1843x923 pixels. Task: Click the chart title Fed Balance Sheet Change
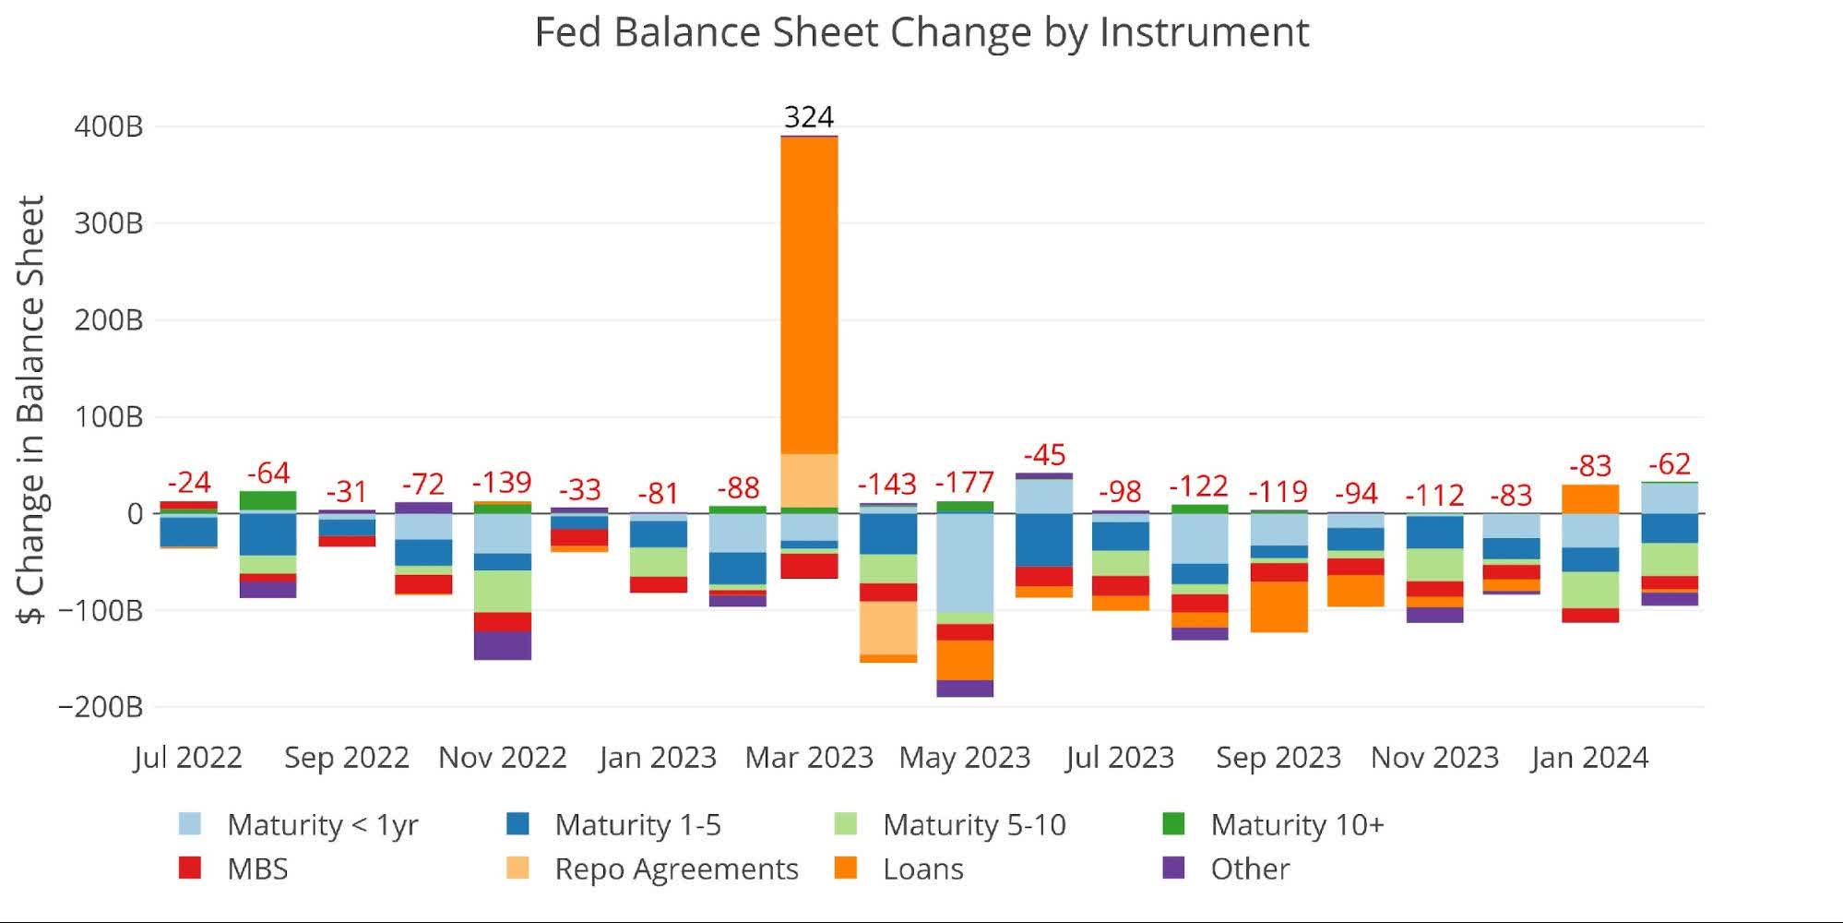coord(921,33)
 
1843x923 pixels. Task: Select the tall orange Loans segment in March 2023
coord(809,295)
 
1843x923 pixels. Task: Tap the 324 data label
coord(809,117)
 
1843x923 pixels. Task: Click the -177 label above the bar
coord(965,482)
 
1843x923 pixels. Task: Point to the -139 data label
coord(502,482)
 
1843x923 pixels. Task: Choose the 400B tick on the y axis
coord(109,126)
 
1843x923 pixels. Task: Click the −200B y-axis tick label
coord(101,707)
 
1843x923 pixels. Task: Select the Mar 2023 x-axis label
coord(809,758)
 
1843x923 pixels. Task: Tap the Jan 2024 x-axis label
coord(1589,758)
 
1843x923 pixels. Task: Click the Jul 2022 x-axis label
coord(188,758)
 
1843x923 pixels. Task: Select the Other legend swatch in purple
coord(1173,868)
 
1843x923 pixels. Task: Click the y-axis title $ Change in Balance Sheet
coord(33,410)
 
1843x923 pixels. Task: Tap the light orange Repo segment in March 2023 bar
coord(809,480)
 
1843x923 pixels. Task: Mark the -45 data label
coord(1044,455)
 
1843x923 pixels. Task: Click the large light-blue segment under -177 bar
coord(965,563)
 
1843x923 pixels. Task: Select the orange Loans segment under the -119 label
coord(1278,606)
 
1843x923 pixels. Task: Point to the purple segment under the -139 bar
coord(502,645)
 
